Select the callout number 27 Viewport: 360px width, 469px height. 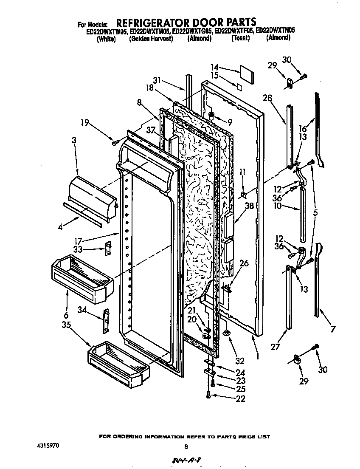(275, 347)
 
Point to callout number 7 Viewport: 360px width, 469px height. (333, 329)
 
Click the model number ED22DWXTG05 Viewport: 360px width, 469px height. (193, 31)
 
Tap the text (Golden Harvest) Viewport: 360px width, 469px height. (151, 38)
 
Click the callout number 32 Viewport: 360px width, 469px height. (240, 362)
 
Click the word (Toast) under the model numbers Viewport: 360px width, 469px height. (240, 38)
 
